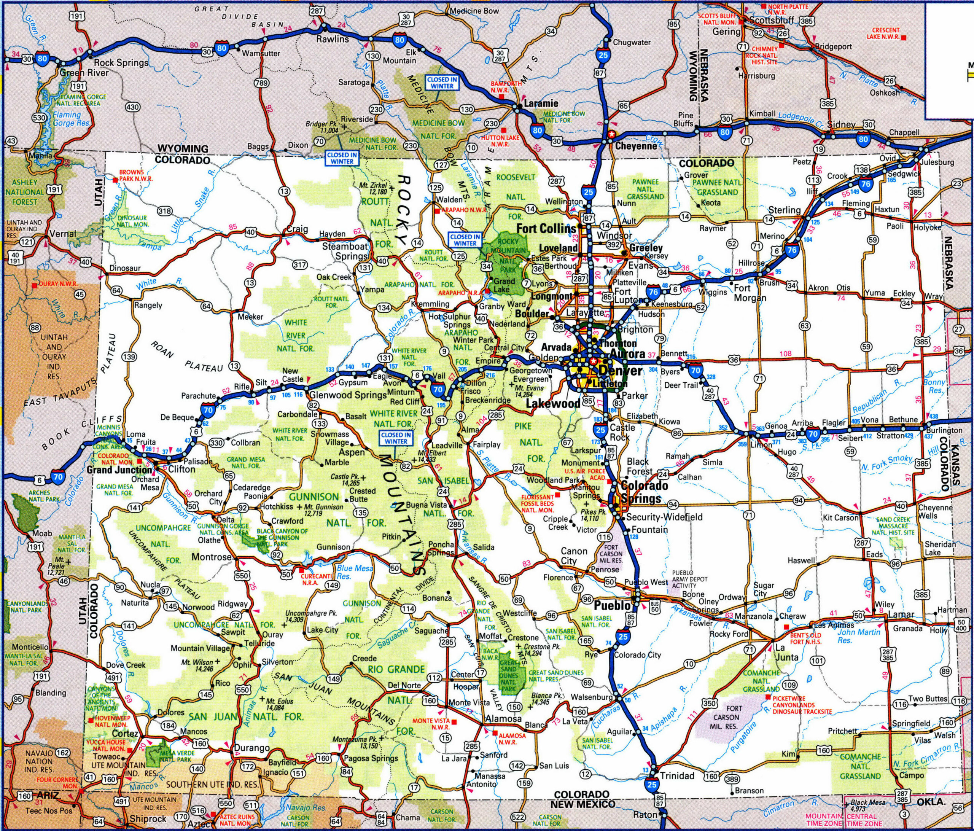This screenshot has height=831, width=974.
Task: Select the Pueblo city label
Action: tap(611, 605)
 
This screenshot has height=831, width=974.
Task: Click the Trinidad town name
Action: tap(677, 775)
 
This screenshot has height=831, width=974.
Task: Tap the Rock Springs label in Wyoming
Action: tap(121, 62)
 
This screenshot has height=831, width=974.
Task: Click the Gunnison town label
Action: tap(333, 547)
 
